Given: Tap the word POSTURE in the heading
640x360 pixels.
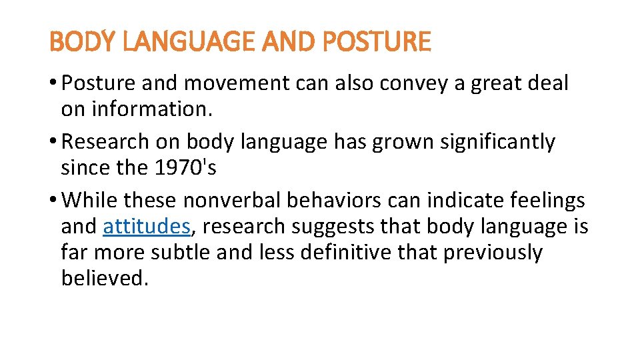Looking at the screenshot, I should click(x=377, y=43).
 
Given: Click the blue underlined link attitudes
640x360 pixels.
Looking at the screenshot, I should click(x=147, y=227).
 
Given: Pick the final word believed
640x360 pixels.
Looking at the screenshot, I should click(x=103, y=278).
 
